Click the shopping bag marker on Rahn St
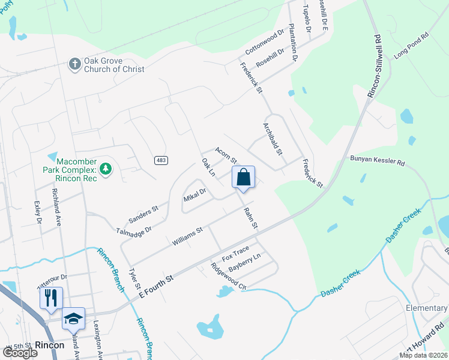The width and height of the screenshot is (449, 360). coord(243,178)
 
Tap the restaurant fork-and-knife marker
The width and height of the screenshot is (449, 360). coord(51,298)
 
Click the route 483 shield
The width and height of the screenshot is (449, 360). coord(161,160)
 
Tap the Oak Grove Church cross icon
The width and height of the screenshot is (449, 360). coord(74,64)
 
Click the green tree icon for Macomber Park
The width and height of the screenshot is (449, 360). coord(106,169)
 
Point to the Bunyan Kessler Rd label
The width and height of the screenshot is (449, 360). coord(378,161)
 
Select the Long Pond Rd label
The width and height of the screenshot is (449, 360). coord(412,44)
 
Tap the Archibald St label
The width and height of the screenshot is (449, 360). coord(273,139)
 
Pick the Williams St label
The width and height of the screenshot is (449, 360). coord(187,234)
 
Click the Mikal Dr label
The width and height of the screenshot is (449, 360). coord(194,195)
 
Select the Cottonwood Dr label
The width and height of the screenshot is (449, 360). coord(264,43)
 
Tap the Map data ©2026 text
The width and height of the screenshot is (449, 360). coord(423,355)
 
